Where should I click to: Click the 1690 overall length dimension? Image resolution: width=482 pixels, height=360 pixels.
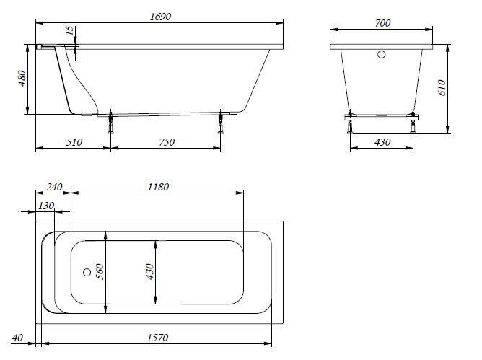(160, 17)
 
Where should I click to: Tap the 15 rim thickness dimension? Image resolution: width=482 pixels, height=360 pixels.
(71, 30)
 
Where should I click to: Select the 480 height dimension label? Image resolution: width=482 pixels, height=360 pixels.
(22, 78)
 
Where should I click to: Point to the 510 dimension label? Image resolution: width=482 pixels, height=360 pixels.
(74, 142)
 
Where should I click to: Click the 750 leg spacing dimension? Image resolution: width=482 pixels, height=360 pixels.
(167, 142)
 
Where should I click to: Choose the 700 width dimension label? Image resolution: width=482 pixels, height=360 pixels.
(382, 23)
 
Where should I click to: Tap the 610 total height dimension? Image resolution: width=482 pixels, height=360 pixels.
(442, 87)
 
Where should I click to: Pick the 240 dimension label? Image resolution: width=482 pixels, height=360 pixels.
(54, 187)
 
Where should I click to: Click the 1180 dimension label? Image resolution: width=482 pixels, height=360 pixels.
(158, 187)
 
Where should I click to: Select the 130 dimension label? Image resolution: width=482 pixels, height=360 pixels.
(46, 206)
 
